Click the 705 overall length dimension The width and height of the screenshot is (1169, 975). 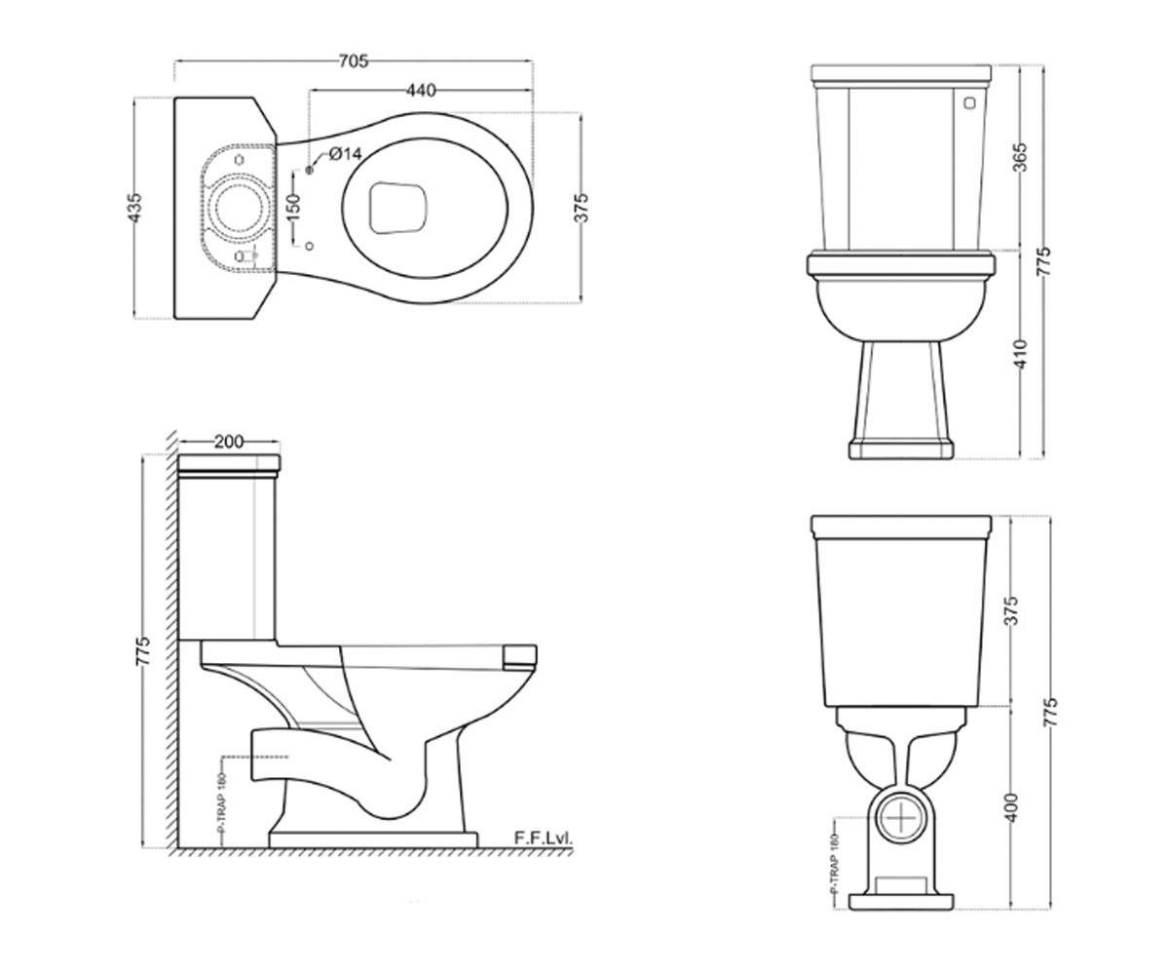[354, 60]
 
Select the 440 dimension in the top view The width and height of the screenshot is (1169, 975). [421, 90]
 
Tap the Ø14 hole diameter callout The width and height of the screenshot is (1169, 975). [346, 153]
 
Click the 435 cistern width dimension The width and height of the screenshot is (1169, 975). [135, 208]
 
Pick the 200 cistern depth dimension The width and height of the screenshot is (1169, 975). [229, 442]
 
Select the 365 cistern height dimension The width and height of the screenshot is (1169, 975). [1021, 157]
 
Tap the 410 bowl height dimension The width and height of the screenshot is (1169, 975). [1021, 354]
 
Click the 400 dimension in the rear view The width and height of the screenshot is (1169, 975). [1012, 807]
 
